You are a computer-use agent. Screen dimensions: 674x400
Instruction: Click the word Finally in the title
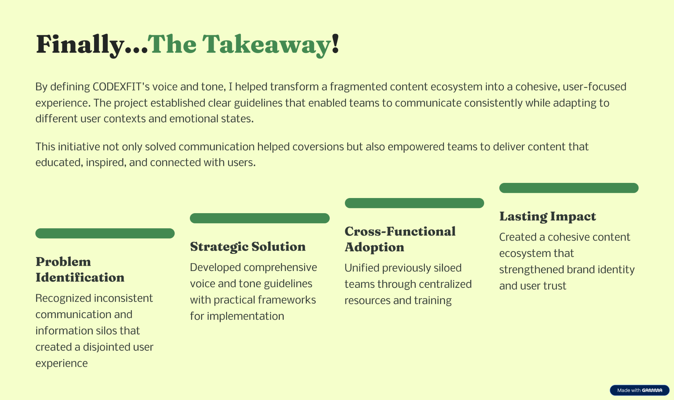click(79, 44)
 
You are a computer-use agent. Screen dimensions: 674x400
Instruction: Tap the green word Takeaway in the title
click(266, 44)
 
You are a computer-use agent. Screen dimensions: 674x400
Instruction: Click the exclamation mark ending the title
click(335, 43)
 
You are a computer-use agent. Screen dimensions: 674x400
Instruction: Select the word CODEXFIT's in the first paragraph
click(121, 87)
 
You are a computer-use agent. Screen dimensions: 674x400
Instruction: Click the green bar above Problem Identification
click(105, 233)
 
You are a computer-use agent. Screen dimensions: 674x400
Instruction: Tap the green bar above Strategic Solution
click(260, 218)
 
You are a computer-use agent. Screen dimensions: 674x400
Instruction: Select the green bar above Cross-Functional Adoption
click(414, 203)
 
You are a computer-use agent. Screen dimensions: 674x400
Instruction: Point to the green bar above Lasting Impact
click(569, 188)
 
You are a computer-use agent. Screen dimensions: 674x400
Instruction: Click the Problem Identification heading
click(80, 269)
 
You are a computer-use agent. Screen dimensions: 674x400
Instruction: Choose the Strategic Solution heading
click(248, 247)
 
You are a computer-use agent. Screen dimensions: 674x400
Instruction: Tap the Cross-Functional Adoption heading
click(400, 239)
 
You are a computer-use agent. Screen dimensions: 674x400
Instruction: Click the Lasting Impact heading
click(548, 216)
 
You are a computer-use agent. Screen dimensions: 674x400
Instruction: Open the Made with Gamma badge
click(639, 390)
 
